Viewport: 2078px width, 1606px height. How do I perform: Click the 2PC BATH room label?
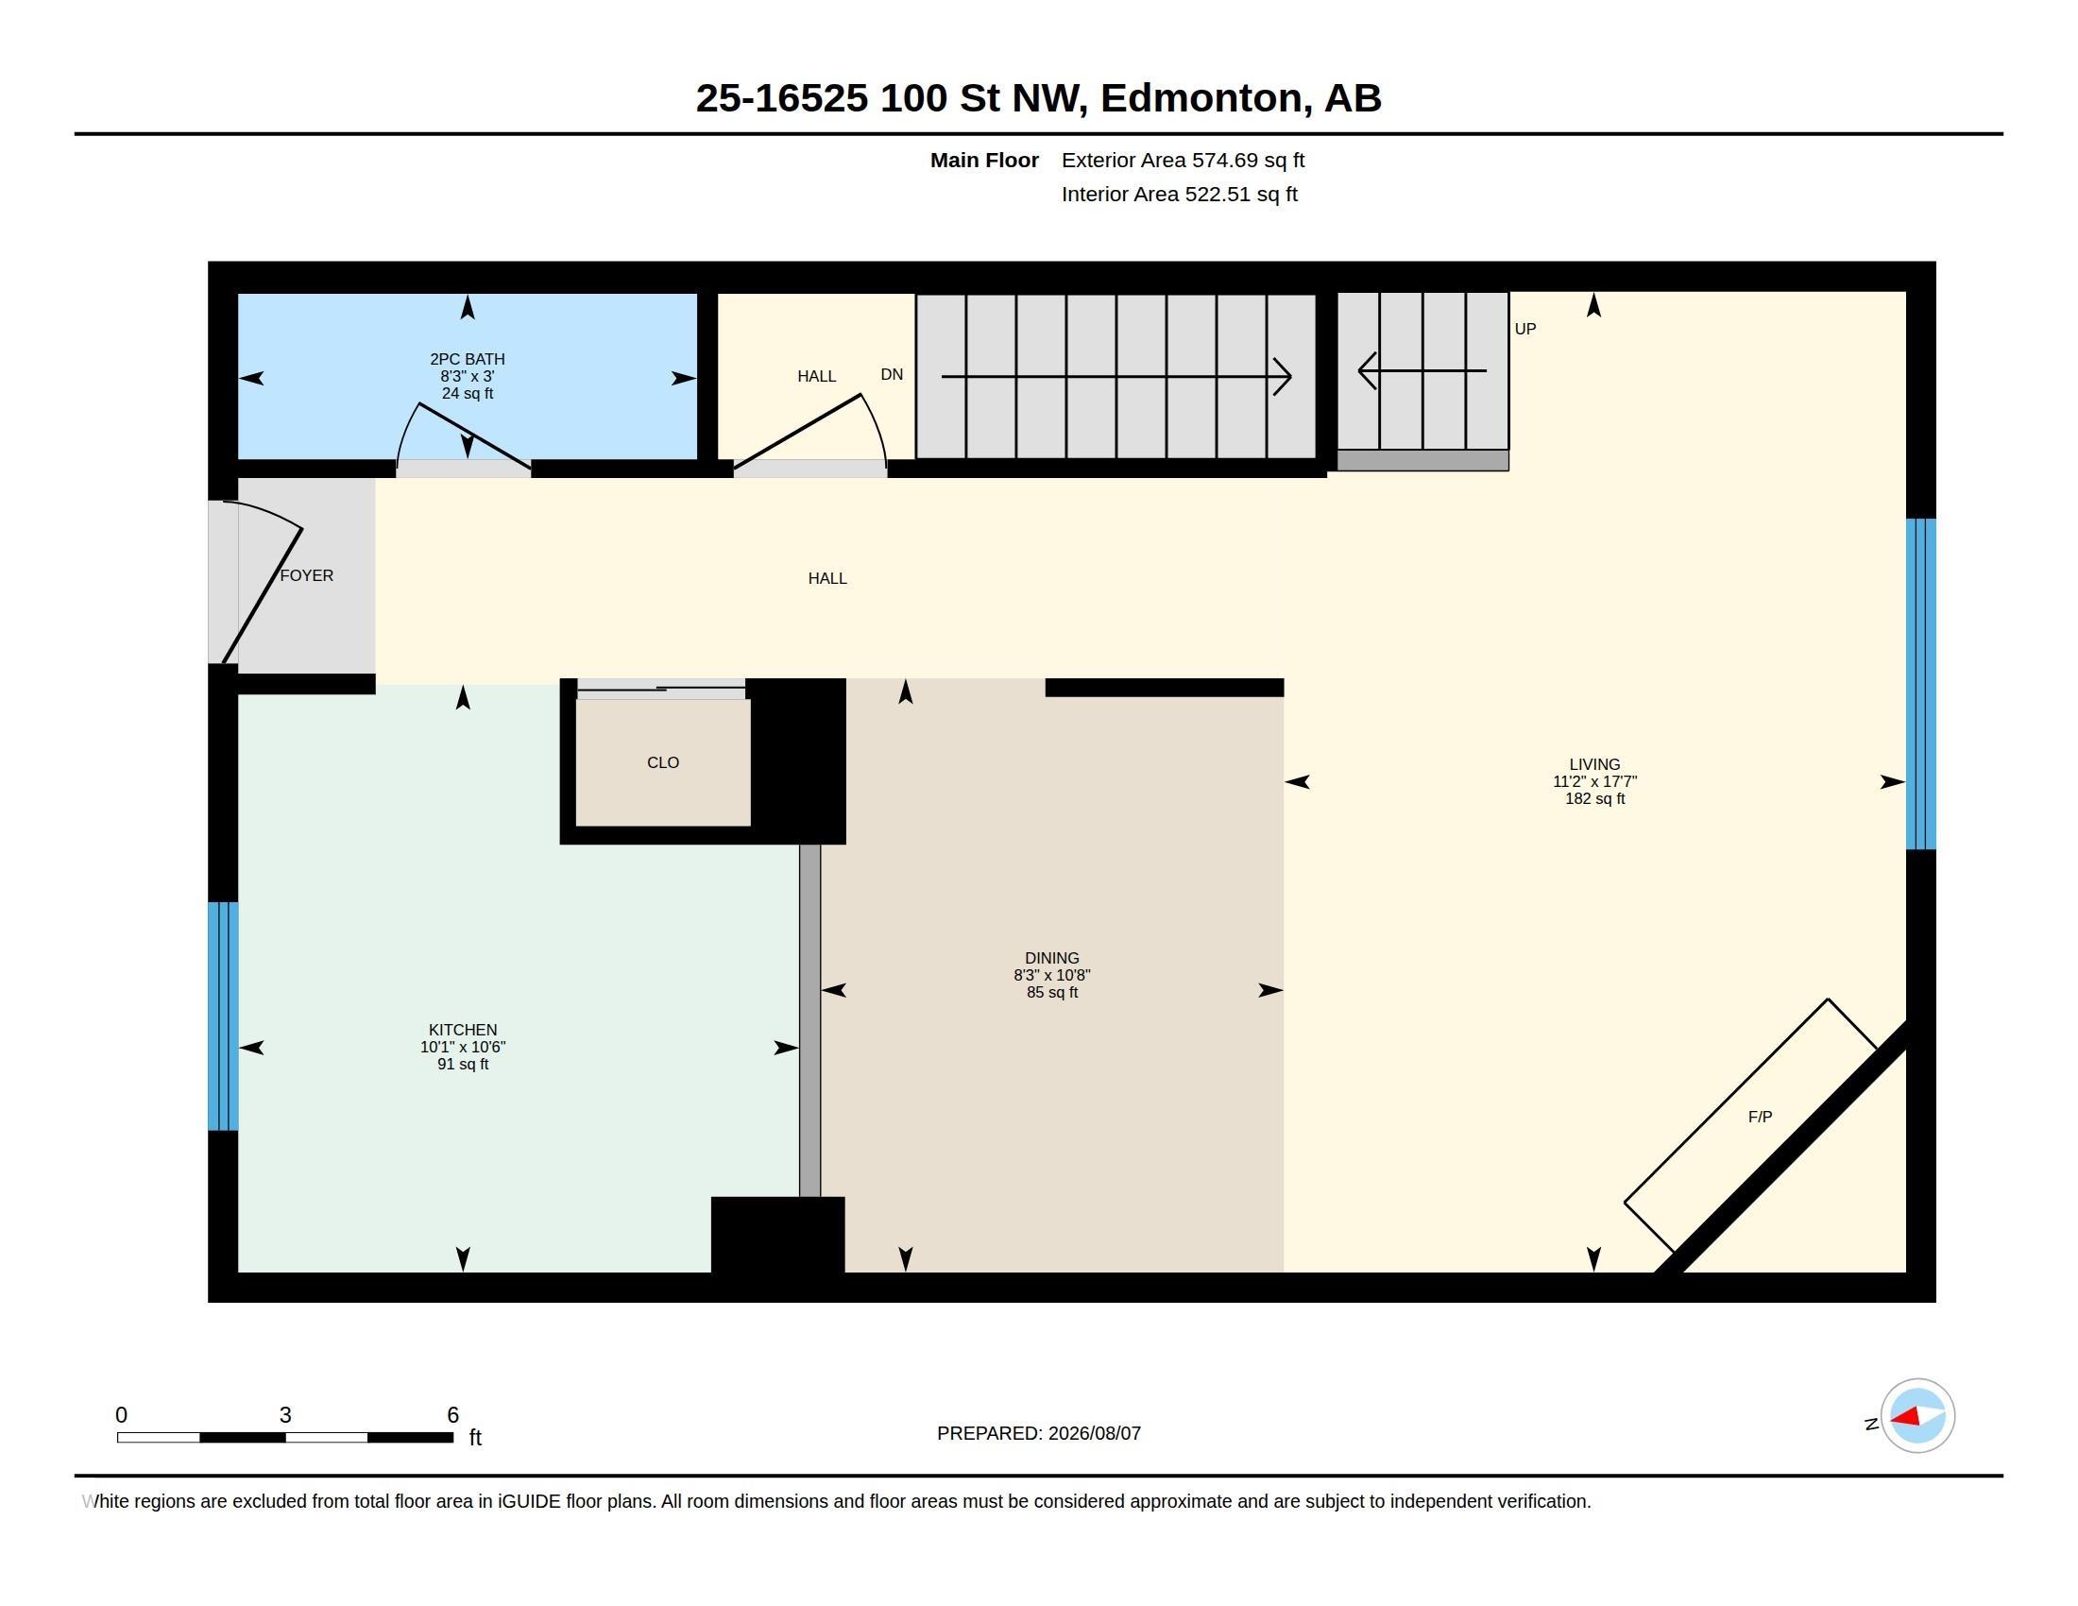pyautogui.click(x=468, y=359)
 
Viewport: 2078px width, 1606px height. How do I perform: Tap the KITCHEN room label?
pyautogui.click(x=463, y=1030)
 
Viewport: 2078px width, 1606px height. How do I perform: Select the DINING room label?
pyautogui.click(x=1051, y=958)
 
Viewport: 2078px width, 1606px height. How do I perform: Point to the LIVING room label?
pyautogui.click(x=1594, y=764)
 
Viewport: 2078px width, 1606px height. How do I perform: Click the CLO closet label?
pyautogui.click(x=663, y=762)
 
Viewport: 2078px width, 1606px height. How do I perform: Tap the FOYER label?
pyautogui.click(x=306, y=575)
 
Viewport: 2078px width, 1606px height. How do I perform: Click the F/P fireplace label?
pyautogui.click(x=1761, y=1116)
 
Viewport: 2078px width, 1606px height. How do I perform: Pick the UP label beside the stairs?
pyautogui.click(x=1525, y=328)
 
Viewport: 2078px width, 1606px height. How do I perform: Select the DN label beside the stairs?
pyautogui.click(x=892, y=374)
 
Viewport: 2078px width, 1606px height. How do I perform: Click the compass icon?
pyautogui.click(x=1917, y=1416)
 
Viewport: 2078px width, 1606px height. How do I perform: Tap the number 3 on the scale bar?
pyautogui.click(x=285, y=1415)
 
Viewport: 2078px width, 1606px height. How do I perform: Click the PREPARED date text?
pyautogui.click(x=1039, y=1433)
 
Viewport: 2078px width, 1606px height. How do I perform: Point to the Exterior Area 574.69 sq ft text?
pyautogui.click(x=1183, y=160)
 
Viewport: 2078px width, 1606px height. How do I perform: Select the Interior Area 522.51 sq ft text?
pyautogui.click(x=1180, y=194)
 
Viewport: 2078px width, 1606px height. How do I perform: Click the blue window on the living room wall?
pyautogui.click(x=1921, y=684)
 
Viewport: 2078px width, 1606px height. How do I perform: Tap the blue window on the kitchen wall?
pyautogui.click(x=223, y=1017)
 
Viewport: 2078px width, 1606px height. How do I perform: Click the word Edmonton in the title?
pyautogui.click(x=1201, y=98)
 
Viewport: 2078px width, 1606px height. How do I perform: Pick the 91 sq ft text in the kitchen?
pyautogui.click(x=463, y=1064)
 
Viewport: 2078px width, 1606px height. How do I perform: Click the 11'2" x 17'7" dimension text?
pyautogui.click(x=1594, y=781)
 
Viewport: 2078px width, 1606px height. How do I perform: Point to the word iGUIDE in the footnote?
pyautogui.click(x=528, y=1501)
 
